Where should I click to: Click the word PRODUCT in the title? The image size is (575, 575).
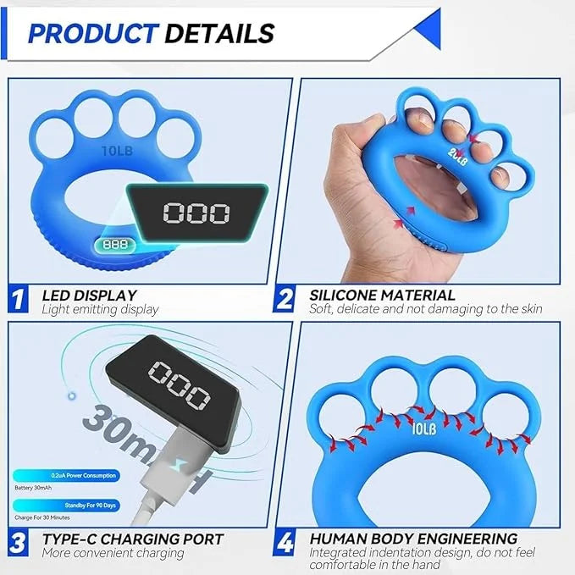pyautogui.click(x=91, y=33)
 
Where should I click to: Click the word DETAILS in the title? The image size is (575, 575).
pyautogui.click(x=219, y=33)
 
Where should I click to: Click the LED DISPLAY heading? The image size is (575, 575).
pyautogui.click(x=90, y=295)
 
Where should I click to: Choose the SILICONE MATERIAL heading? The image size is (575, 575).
pyautogui.click(x=382, y=295)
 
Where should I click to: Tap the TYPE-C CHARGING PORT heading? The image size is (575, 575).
pyautogui.click(x=133, y=539)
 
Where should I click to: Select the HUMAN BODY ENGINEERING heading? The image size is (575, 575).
pyautogui.click(x=413, y=539)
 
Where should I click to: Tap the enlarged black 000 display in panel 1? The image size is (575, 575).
pyautogui.click(x=196, y=213)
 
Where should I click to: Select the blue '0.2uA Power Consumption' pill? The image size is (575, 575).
pyautogui.click(x=67, y=476)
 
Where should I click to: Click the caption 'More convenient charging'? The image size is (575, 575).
pyautogui.click(x=113, y=553)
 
